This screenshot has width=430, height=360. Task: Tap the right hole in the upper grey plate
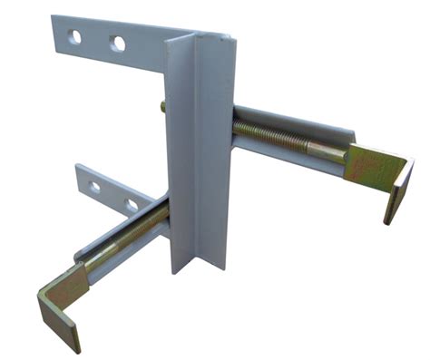coord(118,43)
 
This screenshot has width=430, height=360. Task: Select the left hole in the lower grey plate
coord(95,188)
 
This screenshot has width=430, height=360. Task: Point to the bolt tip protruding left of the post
coord(162,106)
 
